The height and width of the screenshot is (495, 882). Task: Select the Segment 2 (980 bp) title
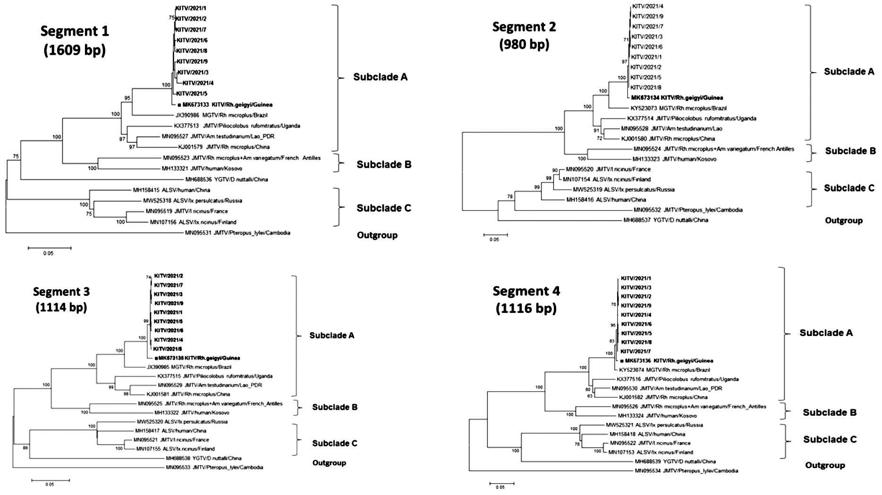pyautogui.click(x=524, y=35)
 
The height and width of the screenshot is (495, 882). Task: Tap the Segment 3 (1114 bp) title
pyautogui.click(x=61, y=299)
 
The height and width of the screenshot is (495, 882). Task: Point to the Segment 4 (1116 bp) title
pyautogui.click(x=526, y=299)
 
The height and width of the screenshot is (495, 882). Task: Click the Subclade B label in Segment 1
pyautogui.click(x=384, y=164)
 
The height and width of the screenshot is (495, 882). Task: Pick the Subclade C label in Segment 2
pyautogui.click(x=849, y=188)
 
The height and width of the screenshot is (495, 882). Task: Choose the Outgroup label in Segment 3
pyautogui.click(x=329, y=462)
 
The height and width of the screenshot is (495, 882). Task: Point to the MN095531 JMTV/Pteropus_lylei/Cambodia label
pyautogui.click(x=237, y=233)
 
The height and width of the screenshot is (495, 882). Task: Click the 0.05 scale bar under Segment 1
pyautogui.click(x=49, y=248)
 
